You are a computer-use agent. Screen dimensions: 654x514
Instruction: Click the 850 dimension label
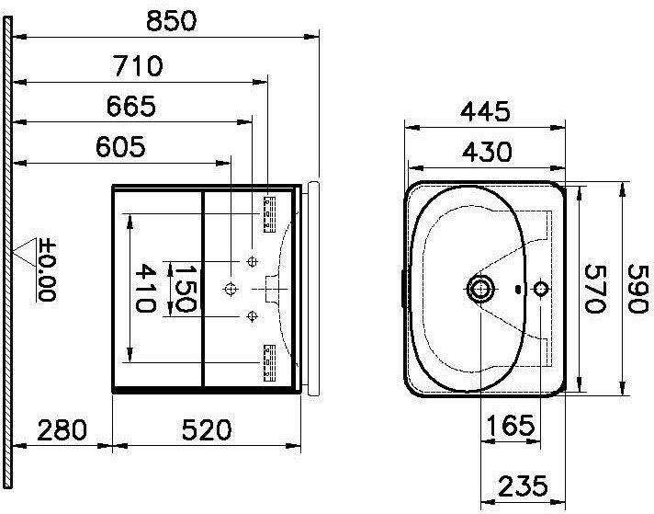171,21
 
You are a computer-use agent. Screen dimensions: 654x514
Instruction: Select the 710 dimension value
138,66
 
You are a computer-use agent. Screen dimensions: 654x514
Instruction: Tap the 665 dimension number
131,106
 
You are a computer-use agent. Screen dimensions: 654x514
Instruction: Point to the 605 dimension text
120,146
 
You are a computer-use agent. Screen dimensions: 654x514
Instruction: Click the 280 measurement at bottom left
62,430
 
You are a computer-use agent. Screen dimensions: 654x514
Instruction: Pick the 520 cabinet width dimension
207,430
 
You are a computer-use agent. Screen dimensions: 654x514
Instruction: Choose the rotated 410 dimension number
145,288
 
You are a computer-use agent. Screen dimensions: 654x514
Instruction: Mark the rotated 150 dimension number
185,288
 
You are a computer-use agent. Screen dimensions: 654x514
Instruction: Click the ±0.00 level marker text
46,269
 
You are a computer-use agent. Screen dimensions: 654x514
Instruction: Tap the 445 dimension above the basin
485,112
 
